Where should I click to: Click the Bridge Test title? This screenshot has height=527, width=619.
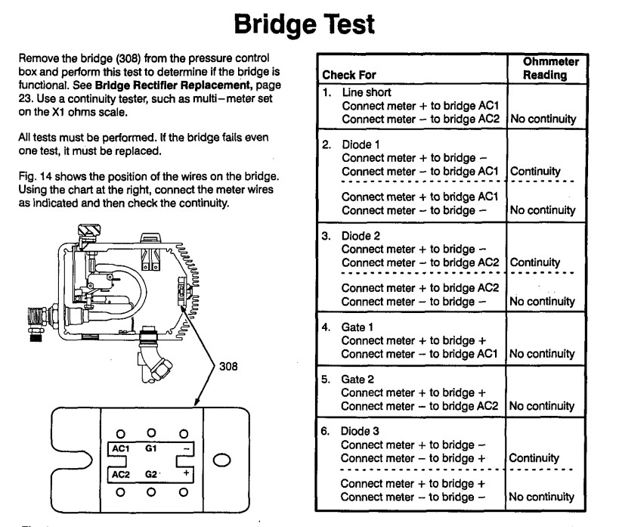point(305,24)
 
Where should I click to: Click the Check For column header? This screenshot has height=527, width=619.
point(349,75)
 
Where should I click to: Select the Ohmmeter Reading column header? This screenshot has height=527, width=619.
point(551,68)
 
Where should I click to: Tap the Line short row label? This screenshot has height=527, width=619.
point(367,92)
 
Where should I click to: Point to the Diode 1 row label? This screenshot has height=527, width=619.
point(361,144)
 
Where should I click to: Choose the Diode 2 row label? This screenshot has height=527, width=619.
point(361,236)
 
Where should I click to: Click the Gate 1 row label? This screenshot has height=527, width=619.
point(357,327)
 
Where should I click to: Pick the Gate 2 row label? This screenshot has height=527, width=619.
point(357,380)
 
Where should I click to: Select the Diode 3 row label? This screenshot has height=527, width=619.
point(360,431)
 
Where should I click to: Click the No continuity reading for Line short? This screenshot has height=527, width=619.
point(543,119)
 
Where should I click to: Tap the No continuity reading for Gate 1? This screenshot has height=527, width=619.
point(542,354)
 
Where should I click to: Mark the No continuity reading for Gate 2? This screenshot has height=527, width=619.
point(542,406)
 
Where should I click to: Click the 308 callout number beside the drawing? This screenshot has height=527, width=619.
point(228,366)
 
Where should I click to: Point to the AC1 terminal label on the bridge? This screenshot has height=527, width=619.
point(120,449)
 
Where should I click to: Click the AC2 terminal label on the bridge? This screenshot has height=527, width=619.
point(120,475)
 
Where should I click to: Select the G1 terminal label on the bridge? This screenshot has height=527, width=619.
point(151,448)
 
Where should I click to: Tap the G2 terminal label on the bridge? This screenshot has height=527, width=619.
point(151,474)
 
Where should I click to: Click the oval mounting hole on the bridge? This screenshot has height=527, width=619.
point(222,460)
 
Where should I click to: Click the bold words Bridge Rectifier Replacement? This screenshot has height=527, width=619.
point(174,85)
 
